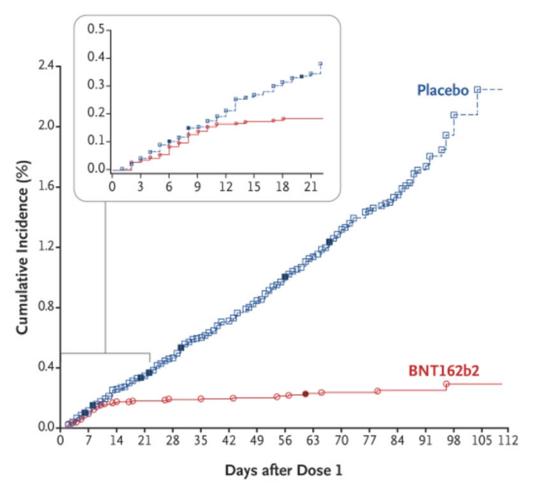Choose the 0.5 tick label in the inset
(x=99, y=29)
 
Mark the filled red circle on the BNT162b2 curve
(x=306, y=394)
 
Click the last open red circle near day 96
(x=446, y=384)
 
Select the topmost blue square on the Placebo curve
(x=477, y=89)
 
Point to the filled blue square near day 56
(x=285, y=276)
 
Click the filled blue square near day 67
(x=329, y=242)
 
